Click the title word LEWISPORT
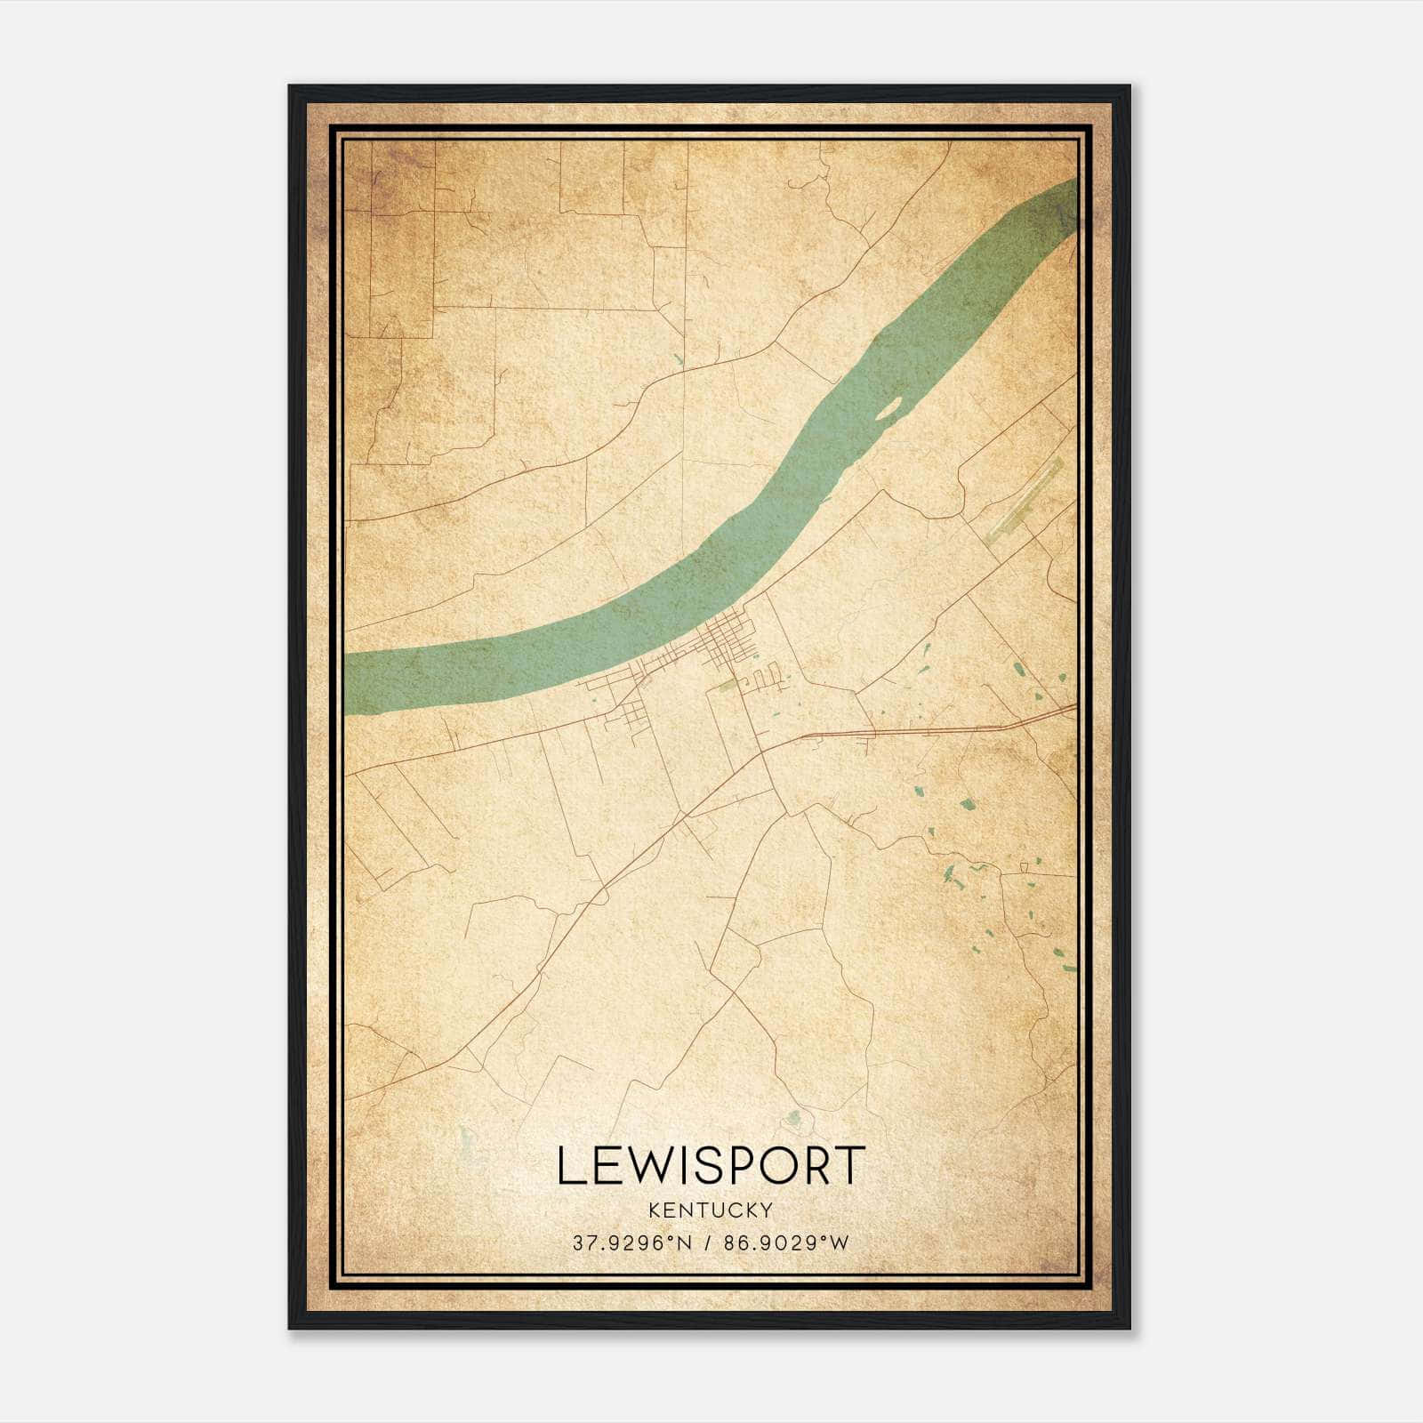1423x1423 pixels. pos(711,1165)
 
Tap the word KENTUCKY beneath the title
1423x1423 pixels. pos(711,1210)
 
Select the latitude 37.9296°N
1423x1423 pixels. pos(631,1243)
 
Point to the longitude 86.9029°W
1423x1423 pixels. pos(786,1243)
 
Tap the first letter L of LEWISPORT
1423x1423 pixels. pos(570,1165)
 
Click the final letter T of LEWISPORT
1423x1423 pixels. pos(849,1165)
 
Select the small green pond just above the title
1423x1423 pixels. pos(795,1117)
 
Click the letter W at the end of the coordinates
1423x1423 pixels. pos(840,1243)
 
